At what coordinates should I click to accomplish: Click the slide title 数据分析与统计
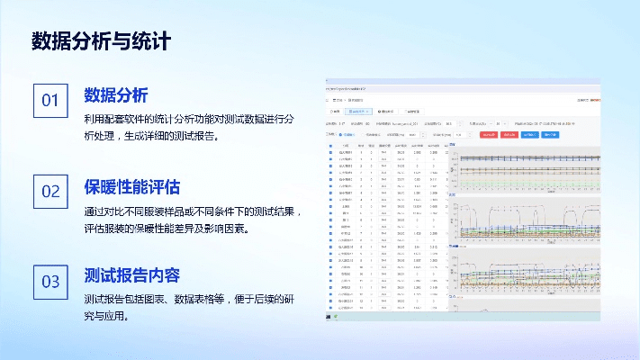101,40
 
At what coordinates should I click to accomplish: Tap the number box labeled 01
50,101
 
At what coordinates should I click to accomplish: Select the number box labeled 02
50,191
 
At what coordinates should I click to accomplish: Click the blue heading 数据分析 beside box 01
115,95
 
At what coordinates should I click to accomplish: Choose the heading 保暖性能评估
131,187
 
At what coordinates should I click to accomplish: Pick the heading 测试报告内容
131,276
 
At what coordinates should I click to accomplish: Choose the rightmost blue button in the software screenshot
550,134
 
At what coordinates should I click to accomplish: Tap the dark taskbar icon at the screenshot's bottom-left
329,317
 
